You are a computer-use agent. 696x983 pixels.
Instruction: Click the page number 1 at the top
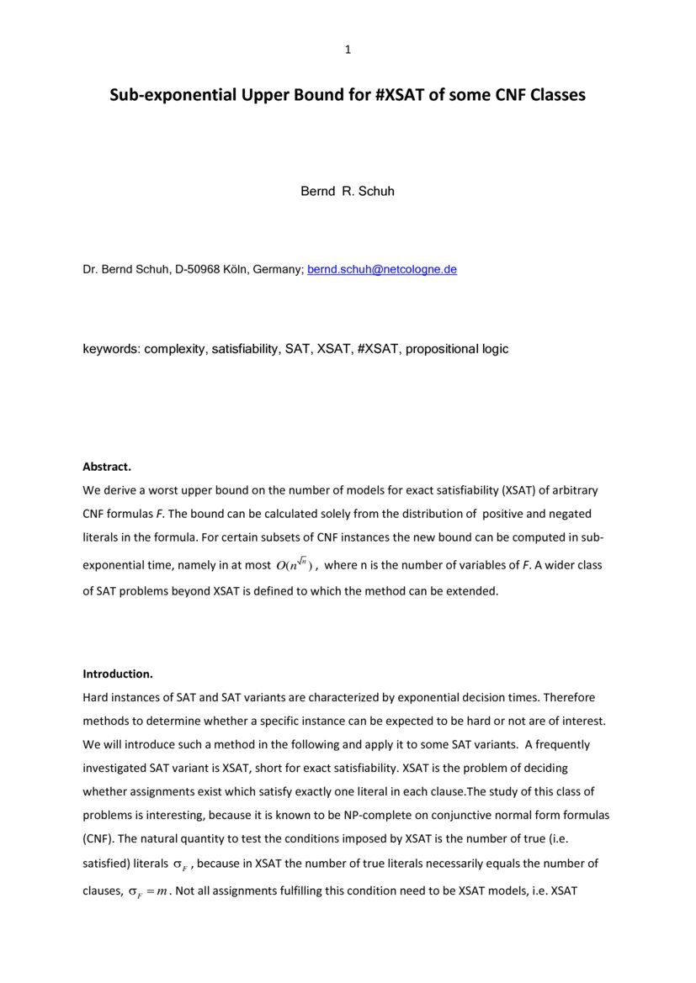click(x=348, y=50)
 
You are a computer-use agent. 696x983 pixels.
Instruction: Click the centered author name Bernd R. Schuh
click(x=348, y=191)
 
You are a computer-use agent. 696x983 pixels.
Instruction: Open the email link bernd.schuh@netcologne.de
click(x=382, y=270)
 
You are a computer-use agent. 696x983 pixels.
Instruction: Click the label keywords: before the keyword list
click(x=111, y=348)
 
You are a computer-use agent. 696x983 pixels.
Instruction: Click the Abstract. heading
click(x=107, y=466)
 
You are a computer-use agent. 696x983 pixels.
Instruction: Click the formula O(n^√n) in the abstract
click(x=294, y=565)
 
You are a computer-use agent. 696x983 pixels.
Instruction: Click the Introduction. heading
click(x=117, y=674)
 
